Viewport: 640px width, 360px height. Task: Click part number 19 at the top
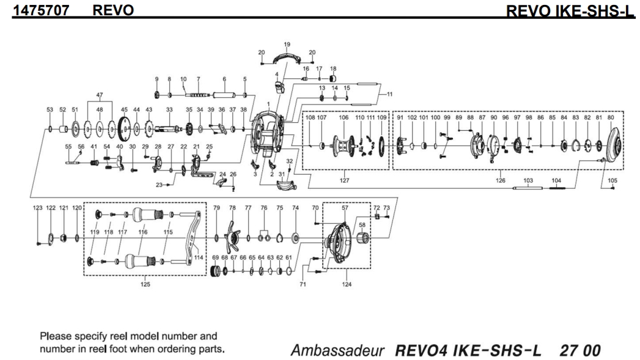[287, 44]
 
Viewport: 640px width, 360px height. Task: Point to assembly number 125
[144, 284]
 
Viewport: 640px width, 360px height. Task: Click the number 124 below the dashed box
[347, 284]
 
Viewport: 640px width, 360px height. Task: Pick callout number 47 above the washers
[100, 96]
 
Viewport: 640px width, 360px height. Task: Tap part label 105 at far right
[612, 181]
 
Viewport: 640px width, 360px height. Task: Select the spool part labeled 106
[344, 146]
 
